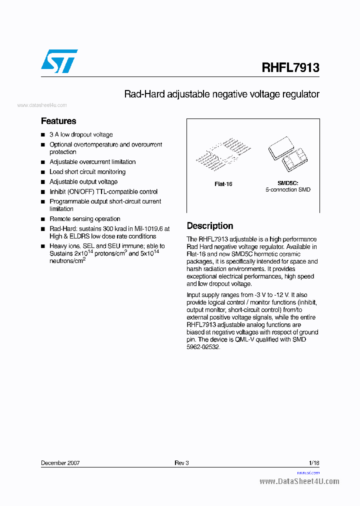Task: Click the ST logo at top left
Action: [x=59, y=61]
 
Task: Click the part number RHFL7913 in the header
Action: [x=290, y=67]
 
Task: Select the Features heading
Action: [x=58, y=121]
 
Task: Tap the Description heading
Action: [x=209, y=226]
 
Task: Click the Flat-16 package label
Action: [x=223, y=184]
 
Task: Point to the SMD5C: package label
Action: [x=287, y=183]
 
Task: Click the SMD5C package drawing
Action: [x=287, y=153]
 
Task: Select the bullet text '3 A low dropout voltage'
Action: [x=81, y=135]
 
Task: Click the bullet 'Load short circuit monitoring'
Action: [x=87, y=172]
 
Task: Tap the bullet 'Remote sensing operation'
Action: [x=85, y=219]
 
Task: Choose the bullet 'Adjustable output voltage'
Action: [x=83, y=182]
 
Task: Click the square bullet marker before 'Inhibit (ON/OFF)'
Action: [x=43, y=192]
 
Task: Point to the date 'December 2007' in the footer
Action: [x=60, y=463]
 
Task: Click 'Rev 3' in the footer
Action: [x=181, y=463]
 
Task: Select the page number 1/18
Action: [x=314, y=463]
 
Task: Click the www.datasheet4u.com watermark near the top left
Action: [x=42, y=105]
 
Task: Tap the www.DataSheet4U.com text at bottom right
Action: [x=299, y=481]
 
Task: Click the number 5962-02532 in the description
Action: [x=203, y=347]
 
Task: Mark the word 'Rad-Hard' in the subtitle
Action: [x=141, y=94]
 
